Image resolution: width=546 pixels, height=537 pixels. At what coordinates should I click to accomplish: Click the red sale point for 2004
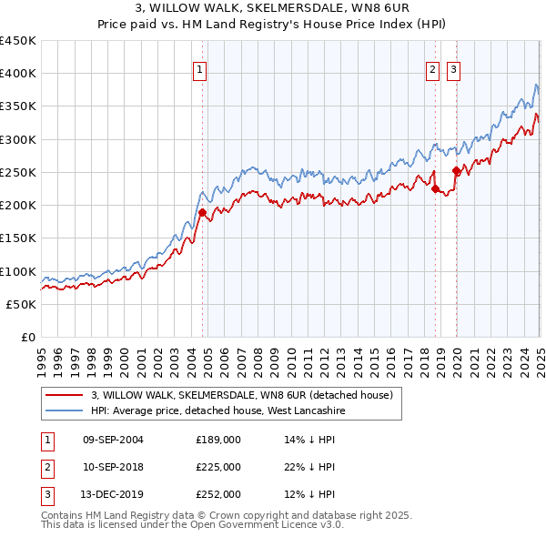point(202,212)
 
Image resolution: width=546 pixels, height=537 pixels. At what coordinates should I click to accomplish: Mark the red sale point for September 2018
point(435,188)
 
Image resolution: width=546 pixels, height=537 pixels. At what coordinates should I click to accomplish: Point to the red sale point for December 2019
point(456,171)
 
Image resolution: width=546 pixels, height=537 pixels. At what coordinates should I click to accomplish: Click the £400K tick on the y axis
point(19,74)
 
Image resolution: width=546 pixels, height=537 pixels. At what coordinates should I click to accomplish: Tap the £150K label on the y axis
point(19,238)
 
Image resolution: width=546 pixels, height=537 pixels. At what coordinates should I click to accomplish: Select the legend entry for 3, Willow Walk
point(241,395)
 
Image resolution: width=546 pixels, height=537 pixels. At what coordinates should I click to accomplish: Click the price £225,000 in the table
point(218,467)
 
